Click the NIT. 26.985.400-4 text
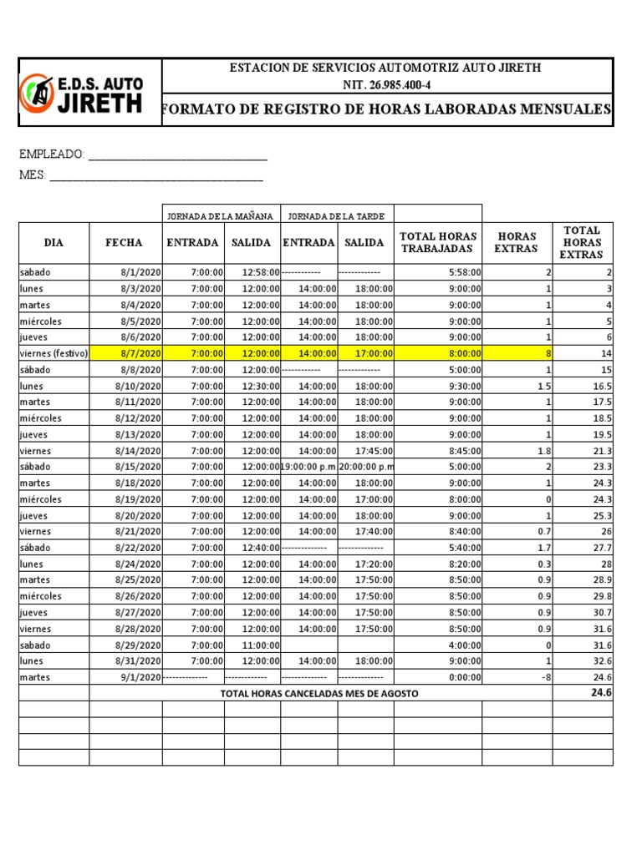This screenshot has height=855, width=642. point(386,85)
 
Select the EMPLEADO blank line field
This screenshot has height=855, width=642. point(177,155)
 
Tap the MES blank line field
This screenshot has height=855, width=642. point(156,175)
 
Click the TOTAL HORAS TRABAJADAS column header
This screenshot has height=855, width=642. point(438,242)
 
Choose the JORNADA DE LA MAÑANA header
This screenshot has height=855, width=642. point(221,215)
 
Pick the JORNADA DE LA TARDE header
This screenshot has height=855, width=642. point(336,215)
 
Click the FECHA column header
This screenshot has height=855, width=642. point(124,243)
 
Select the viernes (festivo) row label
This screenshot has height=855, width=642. point(53,353)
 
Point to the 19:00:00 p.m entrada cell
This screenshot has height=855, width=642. point(308,467)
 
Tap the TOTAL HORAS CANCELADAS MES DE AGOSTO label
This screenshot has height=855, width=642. point(319,694)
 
